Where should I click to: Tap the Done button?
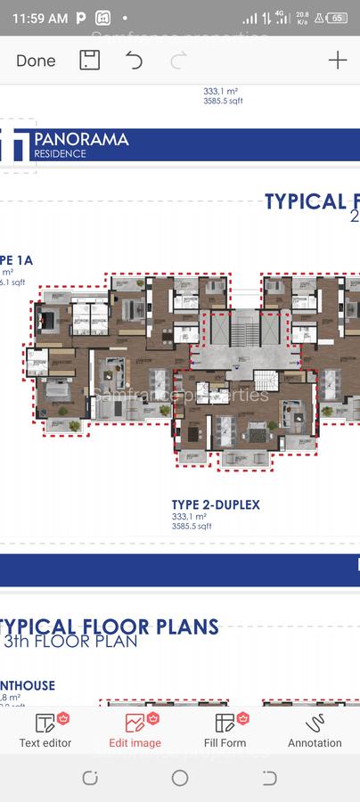[36, 61]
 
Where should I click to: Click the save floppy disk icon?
[89, 61]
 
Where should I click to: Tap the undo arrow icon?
[134, 61]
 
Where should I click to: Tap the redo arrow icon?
[178, 61]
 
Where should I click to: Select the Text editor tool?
[45, 730]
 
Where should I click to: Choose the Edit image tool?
[135, 730]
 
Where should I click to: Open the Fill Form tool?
[225, 730]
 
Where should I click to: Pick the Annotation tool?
[315, 730]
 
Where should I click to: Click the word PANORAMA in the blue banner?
[81, 139]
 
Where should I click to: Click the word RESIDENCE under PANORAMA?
[61, 153]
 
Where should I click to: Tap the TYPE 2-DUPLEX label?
[216, 504]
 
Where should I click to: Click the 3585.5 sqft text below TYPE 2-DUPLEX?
[192, 526]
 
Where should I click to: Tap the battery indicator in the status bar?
[338, 18]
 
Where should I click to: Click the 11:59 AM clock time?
[40, 18]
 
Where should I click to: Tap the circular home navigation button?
[180, 778]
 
